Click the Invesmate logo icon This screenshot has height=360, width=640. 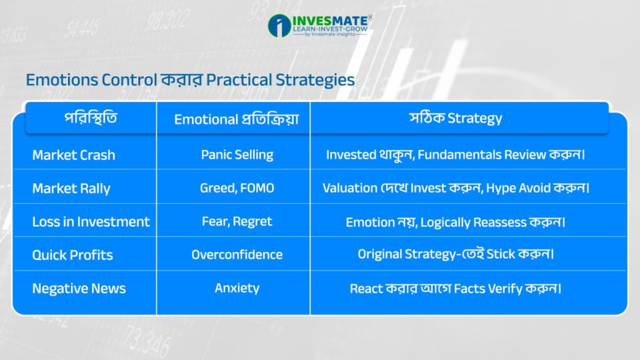click(279, 26)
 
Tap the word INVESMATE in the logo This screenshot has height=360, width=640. click(330, 21)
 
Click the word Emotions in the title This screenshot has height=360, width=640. click(62, 80)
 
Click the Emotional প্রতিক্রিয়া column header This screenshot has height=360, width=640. click(237, 119)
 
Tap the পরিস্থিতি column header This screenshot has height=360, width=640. click(91, 118)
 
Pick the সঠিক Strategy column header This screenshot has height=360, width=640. click(456, 118)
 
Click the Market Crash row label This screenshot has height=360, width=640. click(74, 155)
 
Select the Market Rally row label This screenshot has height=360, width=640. click(71, 189)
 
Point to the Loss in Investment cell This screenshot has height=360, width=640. click(91, 222)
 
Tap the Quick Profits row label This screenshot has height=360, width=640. click(72, 255)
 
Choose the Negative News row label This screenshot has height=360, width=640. click(79, 289)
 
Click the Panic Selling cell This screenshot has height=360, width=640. click(237, 155)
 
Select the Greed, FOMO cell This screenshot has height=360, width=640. click(237, 187)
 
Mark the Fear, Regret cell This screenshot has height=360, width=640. click(237, 221)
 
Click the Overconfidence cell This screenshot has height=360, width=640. click(237, 255)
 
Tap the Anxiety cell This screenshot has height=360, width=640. click(237, 288)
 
